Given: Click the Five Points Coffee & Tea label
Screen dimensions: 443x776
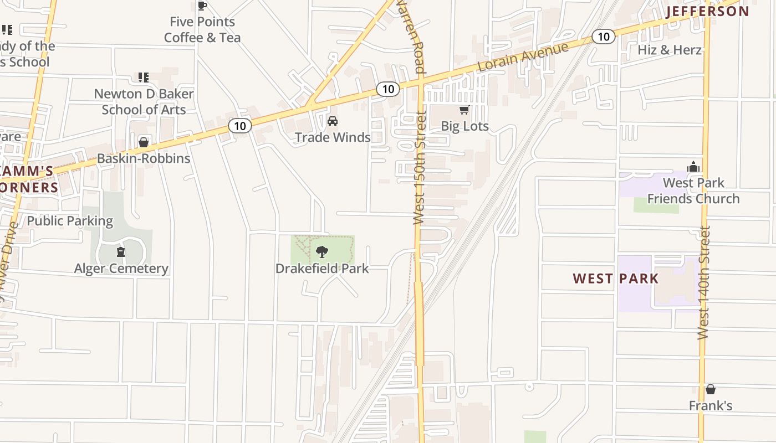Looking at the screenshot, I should (x=202, y=30).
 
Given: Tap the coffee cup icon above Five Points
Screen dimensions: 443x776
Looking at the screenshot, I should (x=202, y=6).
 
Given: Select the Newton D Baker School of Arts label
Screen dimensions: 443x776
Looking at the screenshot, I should (x=144, y=102).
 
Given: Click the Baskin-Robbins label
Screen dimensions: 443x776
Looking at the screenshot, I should (x=144, y=158).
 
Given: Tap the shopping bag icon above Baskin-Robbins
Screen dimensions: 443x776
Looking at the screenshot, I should (x=144, y=143).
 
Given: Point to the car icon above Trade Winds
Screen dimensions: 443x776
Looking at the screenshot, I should (x=333, y=121).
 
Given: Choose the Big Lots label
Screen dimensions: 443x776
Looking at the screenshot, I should (x=464, y=126).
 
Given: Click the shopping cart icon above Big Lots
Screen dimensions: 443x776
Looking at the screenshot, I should (x=464, y=110).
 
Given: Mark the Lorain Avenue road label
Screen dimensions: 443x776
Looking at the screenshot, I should (x=523, y=57).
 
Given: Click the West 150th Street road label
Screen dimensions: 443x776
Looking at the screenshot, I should (x=420, y=168).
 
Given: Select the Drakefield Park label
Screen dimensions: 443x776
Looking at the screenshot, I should (x=322, y=269).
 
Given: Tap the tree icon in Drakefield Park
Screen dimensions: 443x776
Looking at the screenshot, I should (x=321, y=253).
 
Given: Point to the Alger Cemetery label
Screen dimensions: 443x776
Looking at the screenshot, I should (x=121, y=269).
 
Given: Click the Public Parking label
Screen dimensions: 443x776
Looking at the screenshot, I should (x=70, y=221).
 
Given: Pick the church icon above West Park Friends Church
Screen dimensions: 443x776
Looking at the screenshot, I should (x=693, y=167).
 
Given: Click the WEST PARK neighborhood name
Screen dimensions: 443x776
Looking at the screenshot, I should (x=616, y=279).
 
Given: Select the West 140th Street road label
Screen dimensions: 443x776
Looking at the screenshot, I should (x=703, y=282).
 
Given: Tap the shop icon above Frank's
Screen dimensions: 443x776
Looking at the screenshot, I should (x=711, y=390).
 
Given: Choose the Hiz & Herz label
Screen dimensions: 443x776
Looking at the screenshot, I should (x=670, y=50).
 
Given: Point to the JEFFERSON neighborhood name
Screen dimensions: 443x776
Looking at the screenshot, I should (x=707, y=12).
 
